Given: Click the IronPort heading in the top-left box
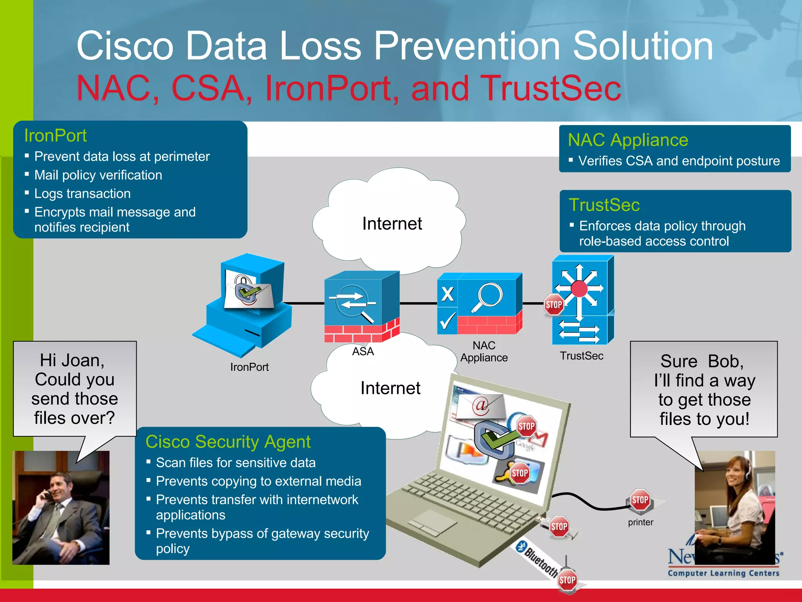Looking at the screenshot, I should pyautogui.click(x=55, y=136).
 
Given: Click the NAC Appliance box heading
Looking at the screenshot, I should pyautogui.click(x=628, y=140).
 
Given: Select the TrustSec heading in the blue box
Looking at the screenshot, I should pyautogui.click(x=604, y=205).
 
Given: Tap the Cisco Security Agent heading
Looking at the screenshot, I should pyautogui.click(x=228, y=442).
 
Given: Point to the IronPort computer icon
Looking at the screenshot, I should pyautogui.click(x=247, y=302).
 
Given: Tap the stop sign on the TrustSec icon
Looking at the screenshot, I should pyautogui.click(x=554, y=305).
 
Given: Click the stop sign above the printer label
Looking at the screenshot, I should pyautogui.click(x=640, y=500).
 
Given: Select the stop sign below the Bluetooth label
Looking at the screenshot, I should pyautogui.click(x=567, y=580).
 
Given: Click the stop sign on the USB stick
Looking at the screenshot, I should pyautogui.click(x=559, y=526).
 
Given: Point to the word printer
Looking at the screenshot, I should pyautogui.click(x=640, y=522).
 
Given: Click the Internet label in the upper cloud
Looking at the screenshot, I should pyautogui.click(x=392, y=224).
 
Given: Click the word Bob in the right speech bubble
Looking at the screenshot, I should pyautogui.click(x=725, y=361).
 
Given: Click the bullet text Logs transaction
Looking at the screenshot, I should pyautogui.click(x=82, y=194).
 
